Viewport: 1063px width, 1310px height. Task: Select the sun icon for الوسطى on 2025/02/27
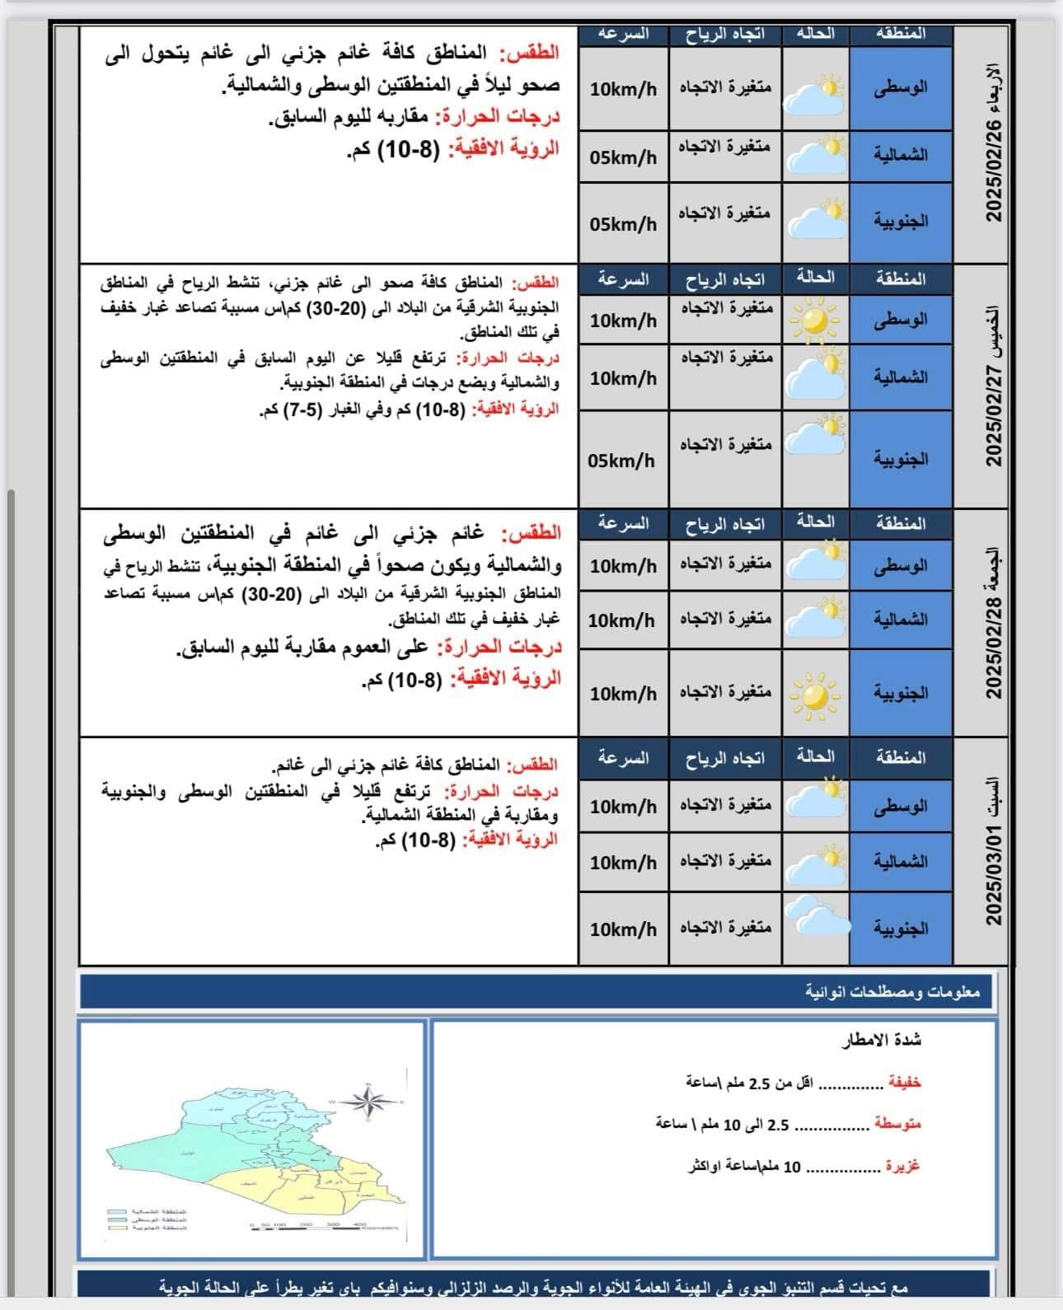(815, 320)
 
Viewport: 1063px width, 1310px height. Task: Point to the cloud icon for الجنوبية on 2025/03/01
(815, 916)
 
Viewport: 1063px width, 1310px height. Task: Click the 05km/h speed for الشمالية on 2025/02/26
(624, 157)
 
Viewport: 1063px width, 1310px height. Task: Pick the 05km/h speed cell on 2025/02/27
(622, 461)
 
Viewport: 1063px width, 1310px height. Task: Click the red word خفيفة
(903, 1083)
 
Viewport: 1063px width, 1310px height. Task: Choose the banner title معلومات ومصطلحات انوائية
(892, 992)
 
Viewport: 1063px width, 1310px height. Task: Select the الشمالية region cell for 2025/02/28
(900, 620)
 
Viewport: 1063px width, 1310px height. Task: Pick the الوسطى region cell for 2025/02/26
(900, 87)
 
